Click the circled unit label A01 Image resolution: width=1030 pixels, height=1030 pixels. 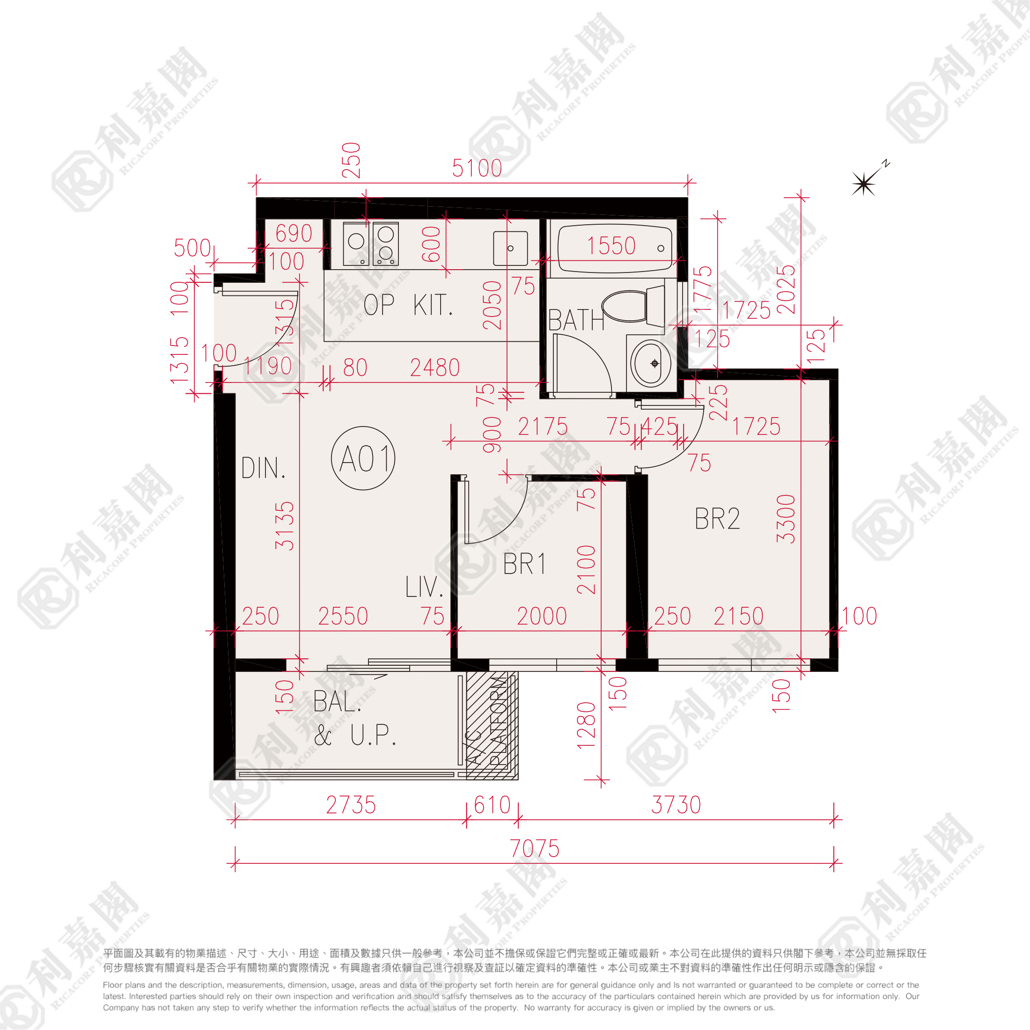[363, 458]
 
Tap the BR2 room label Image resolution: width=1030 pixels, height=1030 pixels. [717, 519]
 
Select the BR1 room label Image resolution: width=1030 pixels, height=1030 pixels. [524, 564]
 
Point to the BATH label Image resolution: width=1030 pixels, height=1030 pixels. [576, 320]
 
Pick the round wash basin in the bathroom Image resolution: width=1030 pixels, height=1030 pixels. [649, 363]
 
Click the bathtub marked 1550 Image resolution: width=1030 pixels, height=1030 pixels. [614, 249]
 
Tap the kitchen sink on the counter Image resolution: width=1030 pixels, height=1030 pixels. [510, 248]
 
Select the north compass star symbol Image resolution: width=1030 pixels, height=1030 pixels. [864, 184]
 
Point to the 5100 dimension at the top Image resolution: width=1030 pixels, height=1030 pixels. [477, 169]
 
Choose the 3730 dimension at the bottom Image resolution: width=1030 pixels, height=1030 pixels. [676, 805]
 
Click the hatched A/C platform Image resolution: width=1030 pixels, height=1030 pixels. [492, 725]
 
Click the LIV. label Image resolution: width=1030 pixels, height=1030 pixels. [424, 587]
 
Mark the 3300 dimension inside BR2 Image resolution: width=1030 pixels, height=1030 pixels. [786, 518]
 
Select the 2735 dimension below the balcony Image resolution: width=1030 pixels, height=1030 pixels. [351, 805]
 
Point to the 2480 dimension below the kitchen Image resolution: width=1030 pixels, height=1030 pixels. [434, 368]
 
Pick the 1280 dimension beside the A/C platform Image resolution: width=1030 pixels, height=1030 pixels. [586, 725]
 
